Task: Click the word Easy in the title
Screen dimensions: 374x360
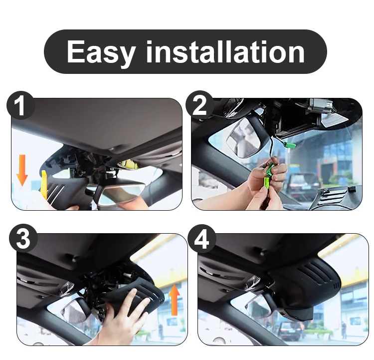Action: pyautogui.click(x=101, y=52)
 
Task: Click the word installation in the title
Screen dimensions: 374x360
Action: pyautogui.click(x=225, y=51)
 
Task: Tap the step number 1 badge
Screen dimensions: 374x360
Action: pyautogui.click(x=21, y=105)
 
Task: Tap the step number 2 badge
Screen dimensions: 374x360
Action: pyautogui.click(x=199, y=105)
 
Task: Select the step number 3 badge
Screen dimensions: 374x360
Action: pyautogui.click(x=23, y=238)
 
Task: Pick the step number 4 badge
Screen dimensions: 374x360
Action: pyautogui.click(x=202, y=238)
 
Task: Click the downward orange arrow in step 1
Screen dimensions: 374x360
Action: pyautogui.click(x=22, y=170)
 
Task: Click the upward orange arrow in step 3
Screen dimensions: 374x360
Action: pyautogui.click(x=175, y=300)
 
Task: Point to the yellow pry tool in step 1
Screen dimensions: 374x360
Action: pyautogui.click(x=44, y=184)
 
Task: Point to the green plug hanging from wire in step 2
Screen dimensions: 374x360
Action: pyautogui.click(x=290, y=144)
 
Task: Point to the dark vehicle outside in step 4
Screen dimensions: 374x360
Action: pyautogui.click(x=289, y=331)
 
